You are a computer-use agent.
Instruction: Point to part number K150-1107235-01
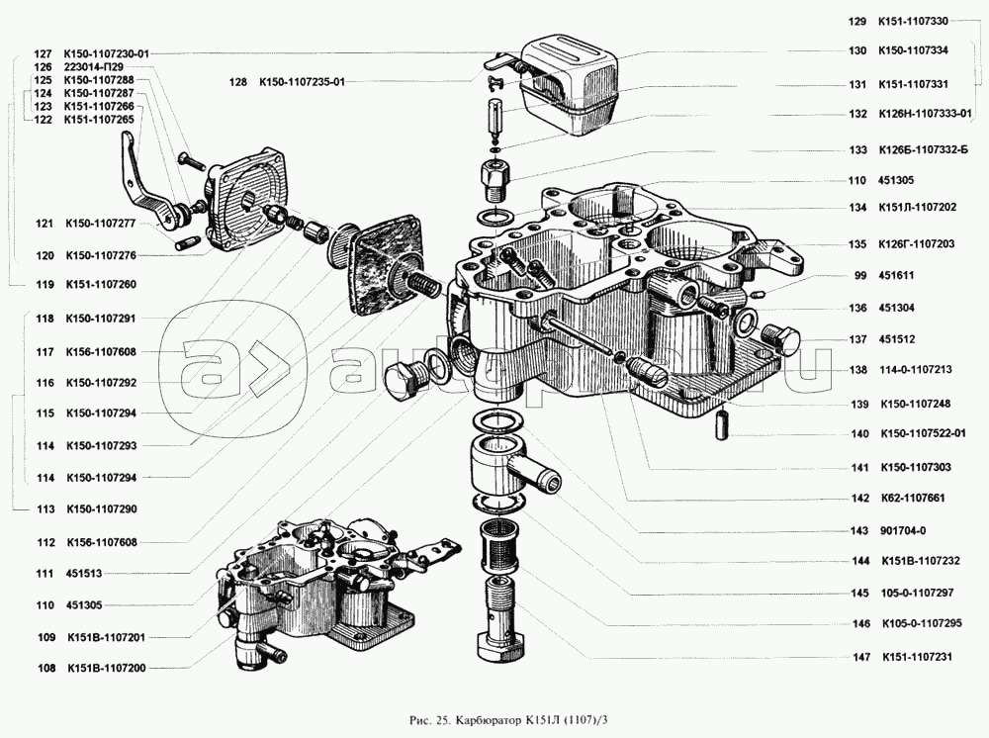coord(302,83)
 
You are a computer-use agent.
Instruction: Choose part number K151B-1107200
coord(107,668)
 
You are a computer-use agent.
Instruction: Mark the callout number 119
coord(42,285)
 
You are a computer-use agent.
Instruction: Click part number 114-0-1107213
coord(915,370)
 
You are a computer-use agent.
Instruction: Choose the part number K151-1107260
coord(100,285)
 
